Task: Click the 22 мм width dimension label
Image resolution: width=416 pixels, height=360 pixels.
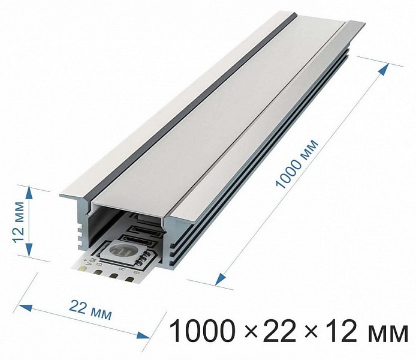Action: point(90,310)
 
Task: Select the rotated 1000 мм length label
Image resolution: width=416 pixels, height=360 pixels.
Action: point(297,164)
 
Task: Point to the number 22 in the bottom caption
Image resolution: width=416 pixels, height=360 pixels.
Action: point(280,331)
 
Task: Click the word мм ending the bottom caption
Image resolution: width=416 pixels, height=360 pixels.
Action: point(387,334)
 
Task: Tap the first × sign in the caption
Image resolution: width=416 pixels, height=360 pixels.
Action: point(250,332)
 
